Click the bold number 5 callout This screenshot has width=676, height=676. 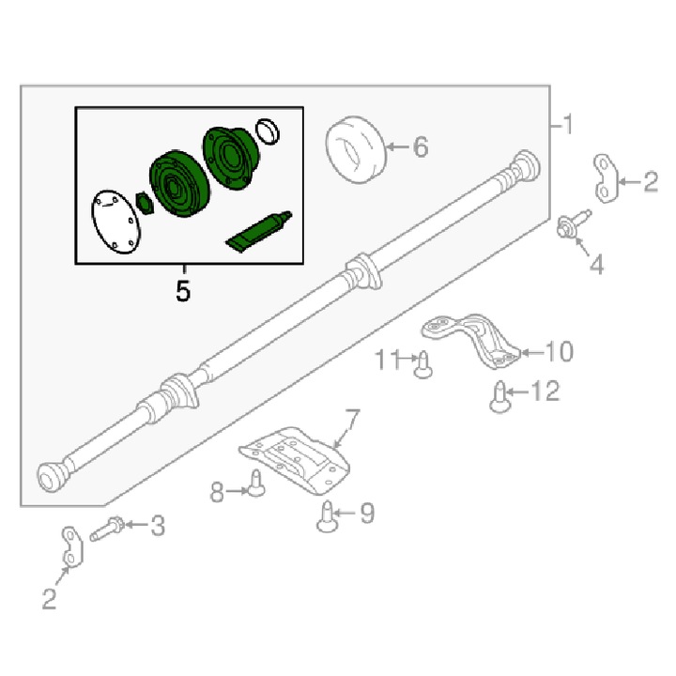point(183,291)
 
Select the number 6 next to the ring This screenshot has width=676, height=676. point(421,147)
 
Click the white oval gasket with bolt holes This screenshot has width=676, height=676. point(116,222)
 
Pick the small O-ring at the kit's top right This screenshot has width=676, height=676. point(268,131)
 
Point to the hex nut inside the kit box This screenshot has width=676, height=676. point(145,203)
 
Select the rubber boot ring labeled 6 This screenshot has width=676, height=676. point(356,149)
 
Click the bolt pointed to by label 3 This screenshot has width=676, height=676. point(107,529)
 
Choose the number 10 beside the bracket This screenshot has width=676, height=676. point(560,351)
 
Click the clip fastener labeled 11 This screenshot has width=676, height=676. point(422,364)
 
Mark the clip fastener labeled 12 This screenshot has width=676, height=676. point(500,397)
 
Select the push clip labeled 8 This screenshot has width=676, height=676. point(256,483)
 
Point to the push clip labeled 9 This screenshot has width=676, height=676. point(328,516)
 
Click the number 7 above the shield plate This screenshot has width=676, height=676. point(351,420)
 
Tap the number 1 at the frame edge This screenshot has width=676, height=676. point(568,124)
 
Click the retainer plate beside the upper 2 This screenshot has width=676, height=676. point(606,178)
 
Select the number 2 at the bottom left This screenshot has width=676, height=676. point(49,599)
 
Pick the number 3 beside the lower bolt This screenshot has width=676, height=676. point(158,526)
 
